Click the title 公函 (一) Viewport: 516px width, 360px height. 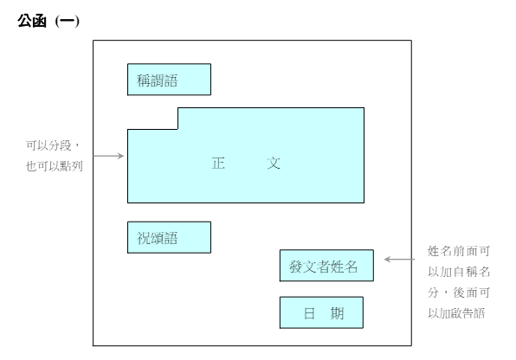(x=48, y=22)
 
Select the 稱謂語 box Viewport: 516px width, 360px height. (x=169, y=80)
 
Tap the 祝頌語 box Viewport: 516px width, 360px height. (x=169, y=237)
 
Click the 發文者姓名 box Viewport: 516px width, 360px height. (x=326, y=266)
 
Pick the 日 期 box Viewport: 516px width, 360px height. (x=321, y=312)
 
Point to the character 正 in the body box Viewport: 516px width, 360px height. (x=218, y=164)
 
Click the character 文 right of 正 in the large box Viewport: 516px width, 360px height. (x=274, y=164)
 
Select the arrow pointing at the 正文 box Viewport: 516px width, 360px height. (x=108, y=156)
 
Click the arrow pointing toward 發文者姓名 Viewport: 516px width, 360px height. (x=399, y=260)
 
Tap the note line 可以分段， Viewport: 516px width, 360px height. (x=53, y=145)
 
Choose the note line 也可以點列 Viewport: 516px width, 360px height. (x=55, y=166)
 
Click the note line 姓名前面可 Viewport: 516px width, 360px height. (x=459, y=251)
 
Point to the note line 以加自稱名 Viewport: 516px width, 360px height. (x=459, y=272)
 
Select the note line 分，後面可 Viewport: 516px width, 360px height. (x=459, y=292)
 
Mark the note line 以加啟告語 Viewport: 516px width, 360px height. (x=456, y=313)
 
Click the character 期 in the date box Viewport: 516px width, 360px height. (x=338, y=313)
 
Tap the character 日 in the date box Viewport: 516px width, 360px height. (x=309, y=313)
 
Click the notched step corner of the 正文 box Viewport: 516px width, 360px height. (x=177, y=129)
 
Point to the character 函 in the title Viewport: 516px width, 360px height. (x=39, y=22)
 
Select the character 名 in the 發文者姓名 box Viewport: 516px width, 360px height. (x=351, y=267)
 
